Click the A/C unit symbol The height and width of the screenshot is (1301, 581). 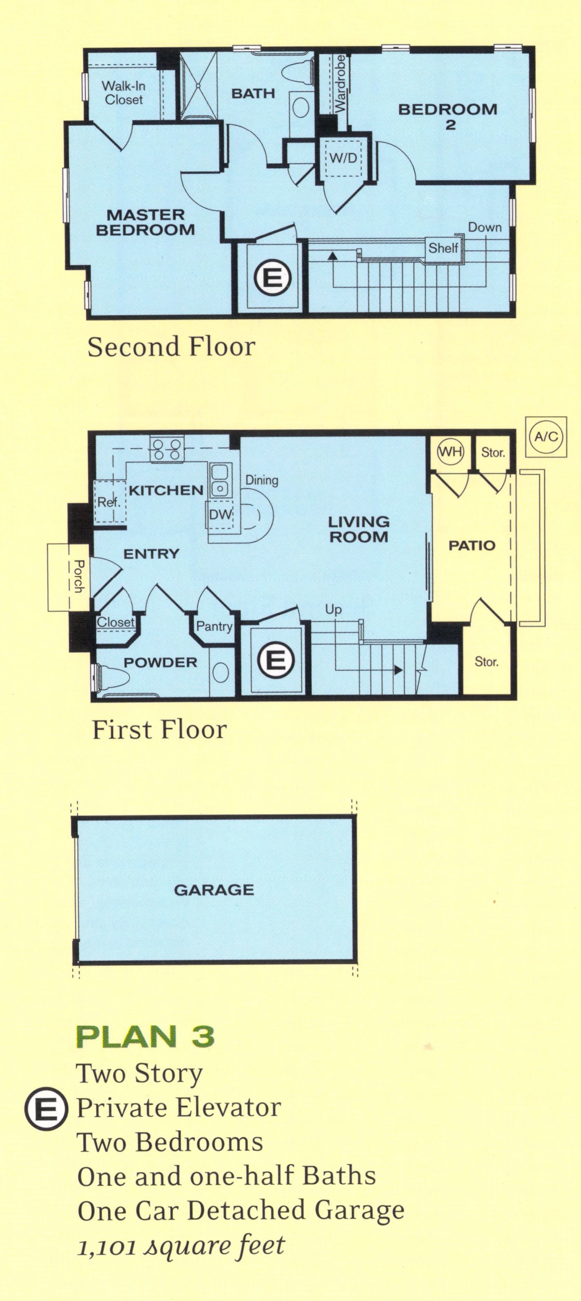(x=546, y=436)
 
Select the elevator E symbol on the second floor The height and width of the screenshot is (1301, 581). (x=273, y=277)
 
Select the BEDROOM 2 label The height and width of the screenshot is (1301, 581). (x=448, y=116)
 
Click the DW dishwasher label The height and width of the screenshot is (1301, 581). (x=220, y=515)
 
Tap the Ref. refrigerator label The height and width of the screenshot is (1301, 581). (x=109, y=502)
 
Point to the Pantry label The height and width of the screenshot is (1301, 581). (x=214, y=627)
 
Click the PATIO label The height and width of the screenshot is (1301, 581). (x=472, y=545)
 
